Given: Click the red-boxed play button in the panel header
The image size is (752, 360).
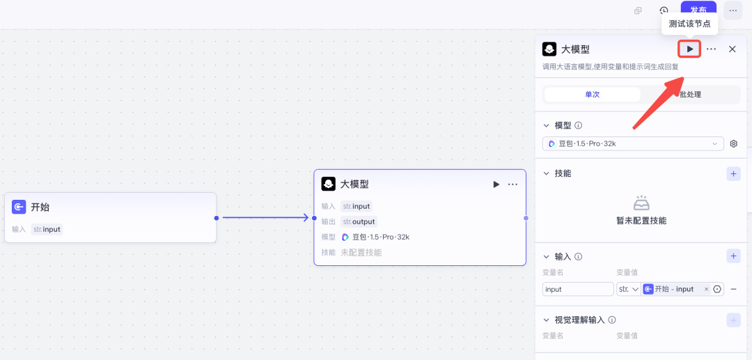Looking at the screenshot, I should pos(689,49).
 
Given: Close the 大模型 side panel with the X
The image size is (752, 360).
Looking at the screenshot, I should pos(732,49).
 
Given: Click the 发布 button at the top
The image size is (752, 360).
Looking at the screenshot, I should pos(698,10).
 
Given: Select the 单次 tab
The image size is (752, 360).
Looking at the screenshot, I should pos(592,95).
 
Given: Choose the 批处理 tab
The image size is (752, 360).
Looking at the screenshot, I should pos(690,95).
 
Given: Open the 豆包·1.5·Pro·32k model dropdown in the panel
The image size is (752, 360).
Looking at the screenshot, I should pos(633,143).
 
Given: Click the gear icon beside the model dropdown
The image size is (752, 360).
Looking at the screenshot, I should pos(733,143).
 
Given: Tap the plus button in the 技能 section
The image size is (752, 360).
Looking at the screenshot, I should pos(733,173).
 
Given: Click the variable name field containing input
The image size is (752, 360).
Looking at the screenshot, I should pos(577,289).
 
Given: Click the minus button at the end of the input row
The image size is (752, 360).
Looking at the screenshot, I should pos(733,289).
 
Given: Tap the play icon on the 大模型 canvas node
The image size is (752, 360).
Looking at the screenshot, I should pos(496,185).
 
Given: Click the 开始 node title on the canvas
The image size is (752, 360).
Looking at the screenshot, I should pos(40,207).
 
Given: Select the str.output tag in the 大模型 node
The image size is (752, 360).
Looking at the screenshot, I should pos(359,221).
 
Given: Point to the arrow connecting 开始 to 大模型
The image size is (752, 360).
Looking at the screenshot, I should pos(265,218).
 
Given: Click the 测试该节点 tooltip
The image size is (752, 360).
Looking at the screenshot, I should pos(689,24).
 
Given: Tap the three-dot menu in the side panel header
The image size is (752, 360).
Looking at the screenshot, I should pos(711,49).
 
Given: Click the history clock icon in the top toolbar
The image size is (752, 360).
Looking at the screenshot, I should pos(664,10).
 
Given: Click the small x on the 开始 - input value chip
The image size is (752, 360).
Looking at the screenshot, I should pos(706,289).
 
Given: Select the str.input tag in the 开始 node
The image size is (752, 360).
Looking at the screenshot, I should pos(47,229).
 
